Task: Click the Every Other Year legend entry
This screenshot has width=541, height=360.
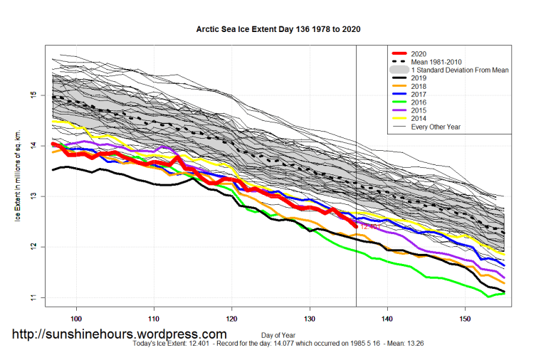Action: tap(436, 127)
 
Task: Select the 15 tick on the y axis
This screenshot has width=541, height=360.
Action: tap(33, 95)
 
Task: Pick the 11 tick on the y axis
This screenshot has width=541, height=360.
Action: tap(33, 297)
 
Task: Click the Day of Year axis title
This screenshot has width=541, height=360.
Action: tap(279, 334)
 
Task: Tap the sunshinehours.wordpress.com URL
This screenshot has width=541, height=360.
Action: tap(120, 334)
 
